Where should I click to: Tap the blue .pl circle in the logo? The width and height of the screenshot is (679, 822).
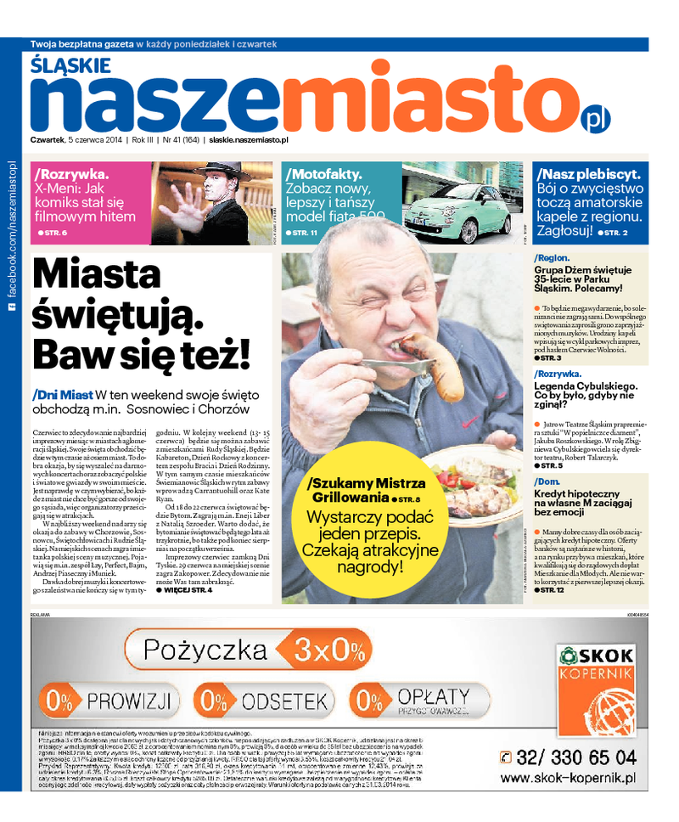pyautogui.click(x=594, y=117)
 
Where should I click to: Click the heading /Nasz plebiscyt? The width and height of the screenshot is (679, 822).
pyautogui.click(x=589, y=174)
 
